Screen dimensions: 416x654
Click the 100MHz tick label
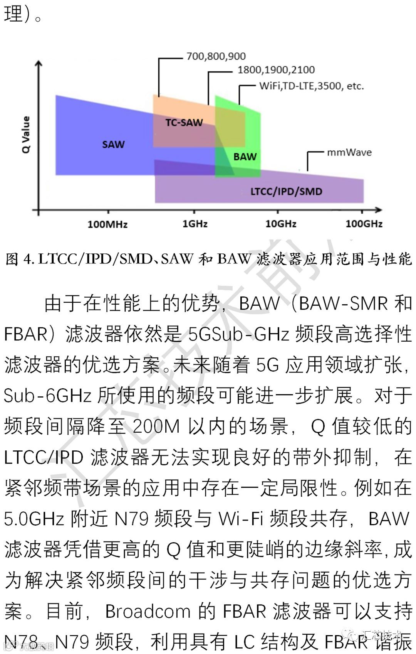107,224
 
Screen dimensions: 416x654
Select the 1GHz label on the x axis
195,224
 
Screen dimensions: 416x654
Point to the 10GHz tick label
281,224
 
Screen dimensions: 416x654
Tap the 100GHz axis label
364,224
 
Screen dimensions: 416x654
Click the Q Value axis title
26,134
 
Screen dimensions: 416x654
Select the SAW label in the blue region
113,144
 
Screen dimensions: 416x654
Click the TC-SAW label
184,123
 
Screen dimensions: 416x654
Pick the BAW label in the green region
245,157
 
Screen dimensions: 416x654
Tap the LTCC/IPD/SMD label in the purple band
286,191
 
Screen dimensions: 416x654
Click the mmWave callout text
349,152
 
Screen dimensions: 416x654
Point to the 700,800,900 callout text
216,56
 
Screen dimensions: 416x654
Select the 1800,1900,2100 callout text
276,70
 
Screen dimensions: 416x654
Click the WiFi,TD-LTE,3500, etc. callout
311,86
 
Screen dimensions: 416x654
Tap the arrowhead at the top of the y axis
39,64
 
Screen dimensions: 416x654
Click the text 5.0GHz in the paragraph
34,519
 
